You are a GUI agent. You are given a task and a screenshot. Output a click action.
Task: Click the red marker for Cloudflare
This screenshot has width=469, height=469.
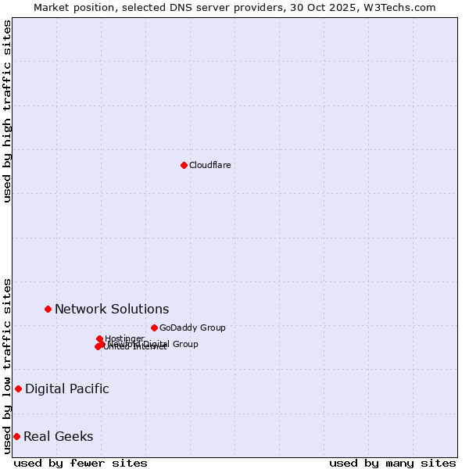[x=184, y=165]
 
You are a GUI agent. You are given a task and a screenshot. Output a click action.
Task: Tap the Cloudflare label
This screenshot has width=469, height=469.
[x=209, y=165]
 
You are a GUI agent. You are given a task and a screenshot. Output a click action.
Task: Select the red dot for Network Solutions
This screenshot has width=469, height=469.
[x=48, y=309]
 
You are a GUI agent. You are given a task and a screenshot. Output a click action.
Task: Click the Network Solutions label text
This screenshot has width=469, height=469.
[x=112, y=309]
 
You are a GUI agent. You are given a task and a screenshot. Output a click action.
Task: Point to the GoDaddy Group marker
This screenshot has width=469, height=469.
[x=154, y=328]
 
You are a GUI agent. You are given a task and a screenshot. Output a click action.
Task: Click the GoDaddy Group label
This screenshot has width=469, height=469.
[x=192, y=328]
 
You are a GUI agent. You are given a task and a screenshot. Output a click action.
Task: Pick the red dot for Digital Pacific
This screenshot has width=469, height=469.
[x=18, y=388]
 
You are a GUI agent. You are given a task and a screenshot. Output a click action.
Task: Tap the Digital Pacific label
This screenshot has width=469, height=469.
[x=67, y=388]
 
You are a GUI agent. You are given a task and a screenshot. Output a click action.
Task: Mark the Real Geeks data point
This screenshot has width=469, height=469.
[x=16, y=436]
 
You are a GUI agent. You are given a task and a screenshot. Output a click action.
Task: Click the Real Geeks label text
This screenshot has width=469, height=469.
[x=59, y=436]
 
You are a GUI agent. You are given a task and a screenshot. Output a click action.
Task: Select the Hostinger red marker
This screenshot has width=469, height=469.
[x=99, y=338]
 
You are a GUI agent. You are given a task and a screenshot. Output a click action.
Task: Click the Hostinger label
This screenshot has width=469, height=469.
[x=125, y=338]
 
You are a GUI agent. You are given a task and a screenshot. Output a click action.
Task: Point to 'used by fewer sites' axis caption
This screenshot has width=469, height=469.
[x=81, y=463]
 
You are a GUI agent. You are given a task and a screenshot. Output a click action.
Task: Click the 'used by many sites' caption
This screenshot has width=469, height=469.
[x=392, y=463]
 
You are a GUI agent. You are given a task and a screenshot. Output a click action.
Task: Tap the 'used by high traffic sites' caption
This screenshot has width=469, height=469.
[x=7, y=111]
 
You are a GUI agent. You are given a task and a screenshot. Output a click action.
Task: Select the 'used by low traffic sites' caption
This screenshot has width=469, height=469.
[x=7, y=366]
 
